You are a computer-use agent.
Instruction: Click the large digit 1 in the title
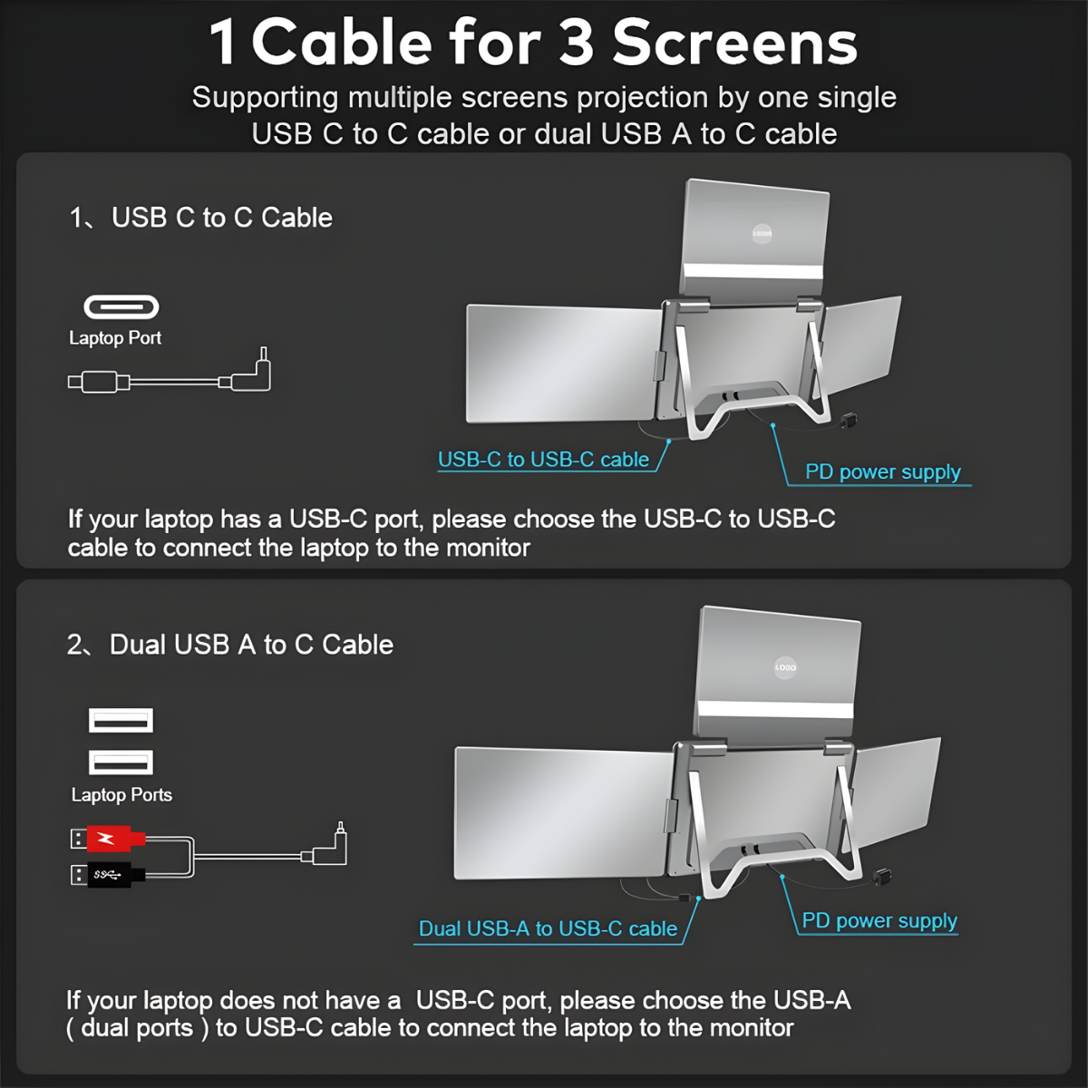(223, 44)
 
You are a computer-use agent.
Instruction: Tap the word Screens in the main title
(734, 44)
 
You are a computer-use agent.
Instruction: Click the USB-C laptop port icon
(121, 307)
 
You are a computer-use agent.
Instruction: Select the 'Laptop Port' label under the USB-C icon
(115, 338)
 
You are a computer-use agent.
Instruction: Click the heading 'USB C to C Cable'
(221, 218)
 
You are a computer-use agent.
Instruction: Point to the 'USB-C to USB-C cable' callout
(543, 460)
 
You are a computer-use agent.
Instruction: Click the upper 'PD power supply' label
(882, 471)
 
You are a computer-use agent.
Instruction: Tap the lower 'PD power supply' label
(879, 920)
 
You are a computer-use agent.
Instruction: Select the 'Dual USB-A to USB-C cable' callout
(548, 928)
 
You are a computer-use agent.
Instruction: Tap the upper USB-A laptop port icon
(121, 721)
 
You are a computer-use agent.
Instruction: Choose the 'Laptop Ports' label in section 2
(121, 795)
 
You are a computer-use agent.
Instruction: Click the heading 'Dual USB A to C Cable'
(251, 645)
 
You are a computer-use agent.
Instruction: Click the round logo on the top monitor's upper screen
(762, 234)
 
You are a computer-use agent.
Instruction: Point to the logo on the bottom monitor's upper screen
(785, 667)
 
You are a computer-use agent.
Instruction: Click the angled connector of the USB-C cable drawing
(254, 374)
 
